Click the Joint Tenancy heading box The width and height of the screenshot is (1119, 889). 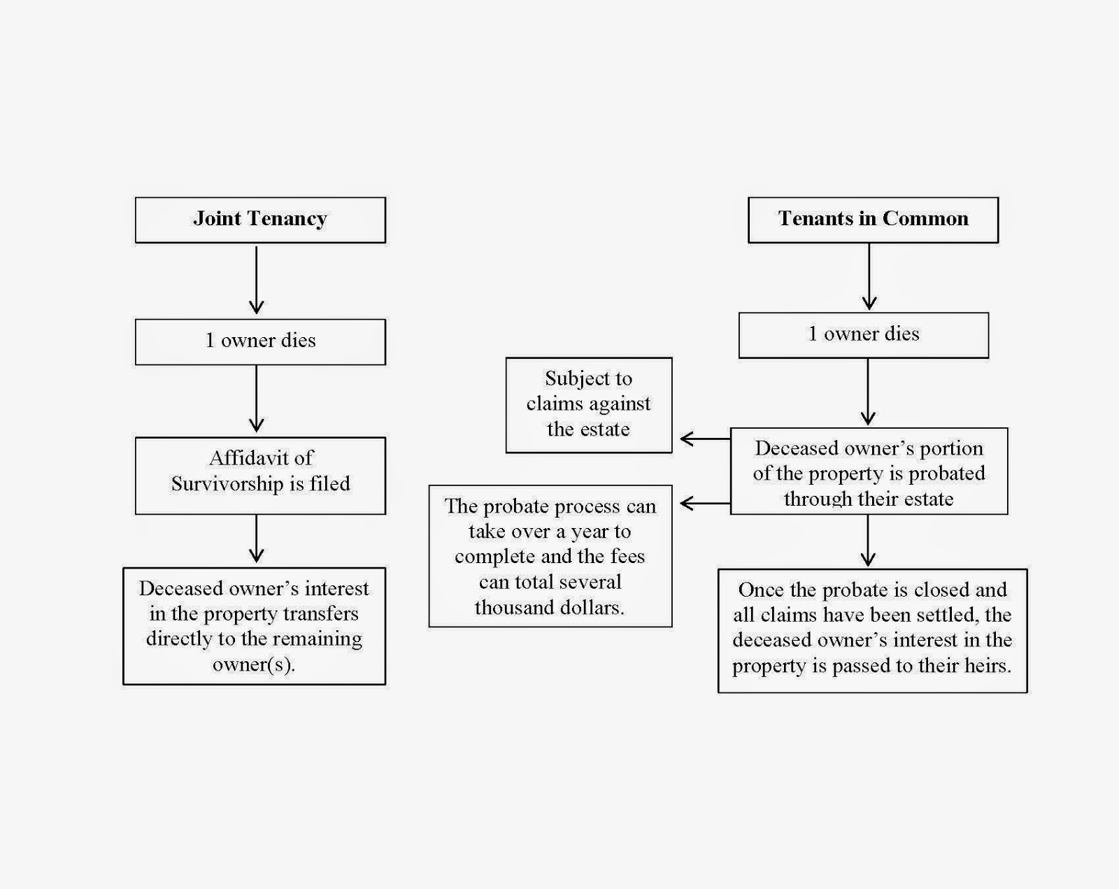[x=260, y=220]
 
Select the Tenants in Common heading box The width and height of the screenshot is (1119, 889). [x=873, y=220]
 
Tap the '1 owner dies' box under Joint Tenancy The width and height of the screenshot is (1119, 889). [x=260, y=341]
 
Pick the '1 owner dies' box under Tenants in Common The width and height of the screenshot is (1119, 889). [x=864, y=334]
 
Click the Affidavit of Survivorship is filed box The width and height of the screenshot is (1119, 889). [x=260, y=476]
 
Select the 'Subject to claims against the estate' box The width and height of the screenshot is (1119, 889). [x=588, y=404]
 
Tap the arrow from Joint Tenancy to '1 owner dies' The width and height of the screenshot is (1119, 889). [x=256, y=280]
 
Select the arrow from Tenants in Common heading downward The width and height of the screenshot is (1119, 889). [x=869, y=277]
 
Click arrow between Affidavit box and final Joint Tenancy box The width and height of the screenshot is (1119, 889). [x=256, y=539]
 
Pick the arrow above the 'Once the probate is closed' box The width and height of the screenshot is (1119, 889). [x=868, y=541]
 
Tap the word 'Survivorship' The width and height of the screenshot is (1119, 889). [x=227, y=484]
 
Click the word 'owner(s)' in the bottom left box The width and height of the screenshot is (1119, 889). [x=253, y=664]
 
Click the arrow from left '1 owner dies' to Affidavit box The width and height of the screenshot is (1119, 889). [x=256, y=399]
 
